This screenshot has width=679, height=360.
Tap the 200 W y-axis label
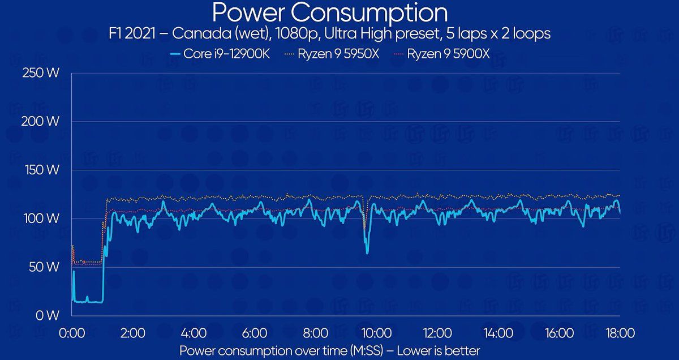(41, 121)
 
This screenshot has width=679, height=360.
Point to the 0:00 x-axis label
(72, 333)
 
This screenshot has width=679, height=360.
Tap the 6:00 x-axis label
(255, 333)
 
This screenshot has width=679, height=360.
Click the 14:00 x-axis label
(498, 333)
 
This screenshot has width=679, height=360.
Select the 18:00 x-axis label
(619, 333)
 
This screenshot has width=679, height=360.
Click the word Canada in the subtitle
(197, 34)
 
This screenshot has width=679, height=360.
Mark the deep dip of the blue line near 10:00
(367, 251)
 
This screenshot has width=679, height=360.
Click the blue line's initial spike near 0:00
(74, 272)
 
